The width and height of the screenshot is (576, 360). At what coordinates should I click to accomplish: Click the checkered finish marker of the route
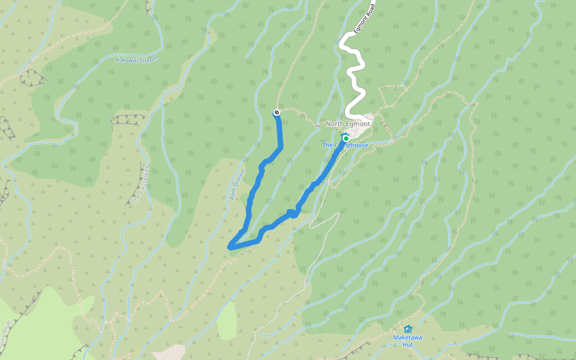(276, 112)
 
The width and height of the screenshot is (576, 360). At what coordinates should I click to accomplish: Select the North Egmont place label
(348, 124)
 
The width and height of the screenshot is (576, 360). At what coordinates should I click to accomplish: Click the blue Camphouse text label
(345, 145)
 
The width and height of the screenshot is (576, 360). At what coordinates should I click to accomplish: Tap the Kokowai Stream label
(137, 59)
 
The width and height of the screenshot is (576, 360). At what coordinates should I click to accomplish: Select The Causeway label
(139, 184)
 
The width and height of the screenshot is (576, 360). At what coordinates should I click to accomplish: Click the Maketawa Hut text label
(407, 341)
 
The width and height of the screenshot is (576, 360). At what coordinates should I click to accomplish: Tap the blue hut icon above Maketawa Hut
(408, 329)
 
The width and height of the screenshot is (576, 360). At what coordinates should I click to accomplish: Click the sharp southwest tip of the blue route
(230, 246)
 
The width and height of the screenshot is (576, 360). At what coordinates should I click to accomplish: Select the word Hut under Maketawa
(407, 344)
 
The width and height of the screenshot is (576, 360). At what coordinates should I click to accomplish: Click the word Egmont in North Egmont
(358, 124)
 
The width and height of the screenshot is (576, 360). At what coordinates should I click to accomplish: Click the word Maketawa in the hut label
(407, 338)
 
